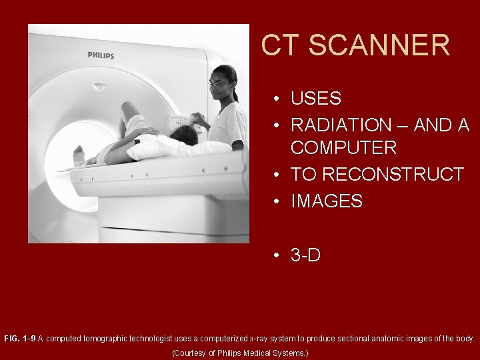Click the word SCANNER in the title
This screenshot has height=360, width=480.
tap(379, 45)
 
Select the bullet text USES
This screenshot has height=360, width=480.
tap(316, 99)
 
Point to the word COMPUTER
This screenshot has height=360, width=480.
tap(343, 147)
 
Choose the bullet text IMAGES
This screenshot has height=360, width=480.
tap(327, 201)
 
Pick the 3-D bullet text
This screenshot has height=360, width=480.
tap(306, 255)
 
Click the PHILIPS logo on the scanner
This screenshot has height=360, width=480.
tap(101, 55)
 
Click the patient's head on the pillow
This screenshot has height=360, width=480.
tap(184, 135)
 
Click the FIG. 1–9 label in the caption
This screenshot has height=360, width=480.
tap(19, 339)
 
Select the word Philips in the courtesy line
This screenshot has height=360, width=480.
tap(231, 353)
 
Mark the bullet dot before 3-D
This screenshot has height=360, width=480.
tap(275, 255)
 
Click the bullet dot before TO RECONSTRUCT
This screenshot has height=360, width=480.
tap(275, 175)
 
